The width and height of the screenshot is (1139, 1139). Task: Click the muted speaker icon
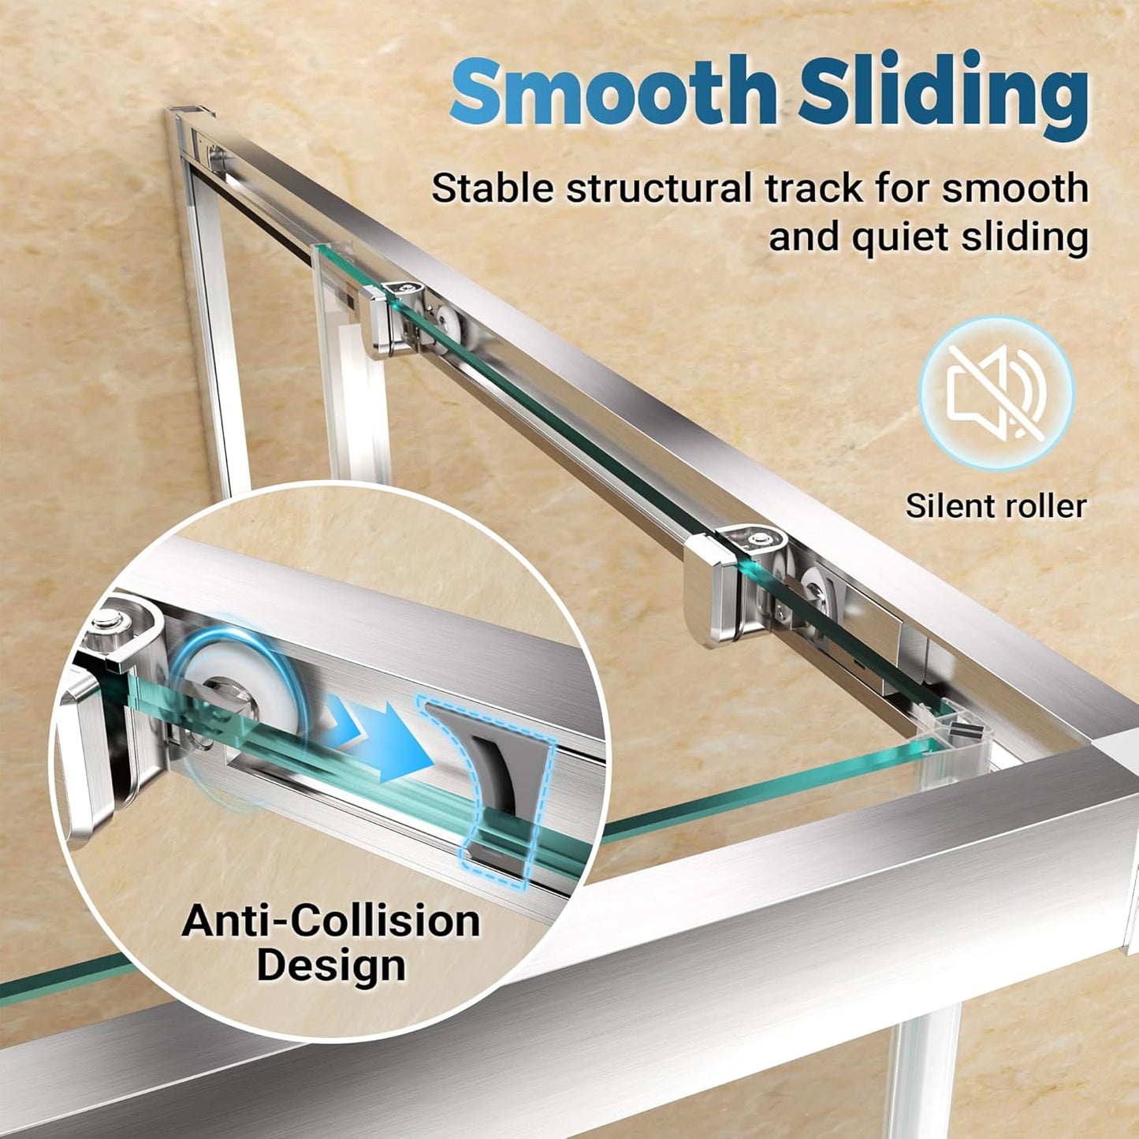click(996, 393)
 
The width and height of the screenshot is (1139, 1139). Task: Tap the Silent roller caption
click(996, 506)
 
